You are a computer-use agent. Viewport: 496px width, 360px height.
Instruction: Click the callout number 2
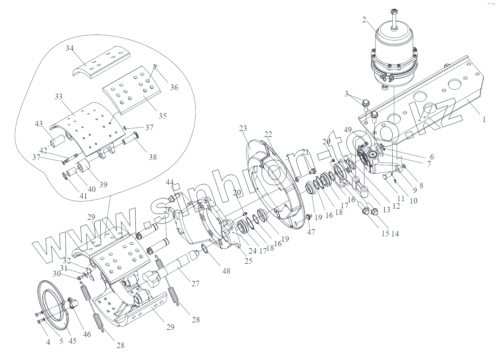click(364, 20)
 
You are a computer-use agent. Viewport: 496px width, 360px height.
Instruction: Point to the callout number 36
click(174, 87)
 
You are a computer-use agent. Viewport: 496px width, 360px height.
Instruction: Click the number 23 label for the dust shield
click(243, 128)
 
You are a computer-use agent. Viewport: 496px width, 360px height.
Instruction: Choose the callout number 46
click(87, 334)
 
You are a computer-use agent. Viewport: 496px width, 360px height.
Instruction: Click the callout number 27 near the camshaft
click(196, 284)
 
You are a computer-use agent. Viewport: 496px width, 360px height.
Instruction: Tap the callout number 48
click(226, 271)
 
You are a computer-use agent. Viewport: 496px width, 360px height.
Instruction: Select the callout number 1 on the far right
click(484, 119)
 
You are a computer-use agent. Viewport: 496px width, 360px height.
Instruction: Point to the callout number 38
click(153, 157)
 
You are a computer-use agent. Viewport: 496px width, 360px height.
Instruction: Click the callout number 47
click(311, 232)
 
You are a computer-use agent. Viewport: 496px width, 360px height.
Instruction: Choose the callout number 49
click(348, 130)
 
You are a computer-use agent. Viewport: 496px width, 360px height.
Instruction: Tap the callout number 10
click(413, 200)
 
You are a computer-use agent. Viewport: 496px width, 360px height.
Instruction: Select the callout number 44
click(170, 182)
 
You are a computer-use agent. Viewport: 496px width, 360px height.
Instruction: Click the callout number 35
click(162, 116)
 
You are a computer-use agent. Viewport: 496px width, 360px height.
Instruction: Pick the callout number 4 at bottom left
click(48, 342)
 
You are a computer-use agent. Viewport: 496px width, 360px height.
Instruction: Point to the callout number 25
click(248, 261)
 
